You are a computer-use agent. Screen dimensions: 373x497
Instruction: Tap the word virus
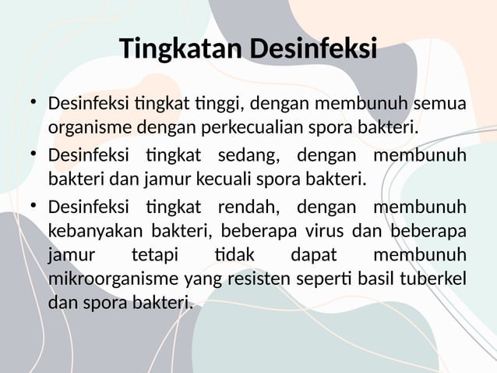coord(325,232)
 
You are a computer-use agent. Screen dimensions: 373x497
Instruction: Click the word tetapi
coord(153,255)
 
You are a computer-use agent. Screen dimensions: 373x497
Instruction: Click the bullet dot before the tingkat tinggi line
coord(33,102)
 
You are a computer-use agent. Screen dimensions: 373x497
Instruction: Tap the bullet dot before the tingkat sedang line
coord(33,155)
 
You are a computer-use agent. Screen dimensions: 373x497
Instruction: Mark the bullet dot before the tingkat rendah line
coord(33,207)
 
